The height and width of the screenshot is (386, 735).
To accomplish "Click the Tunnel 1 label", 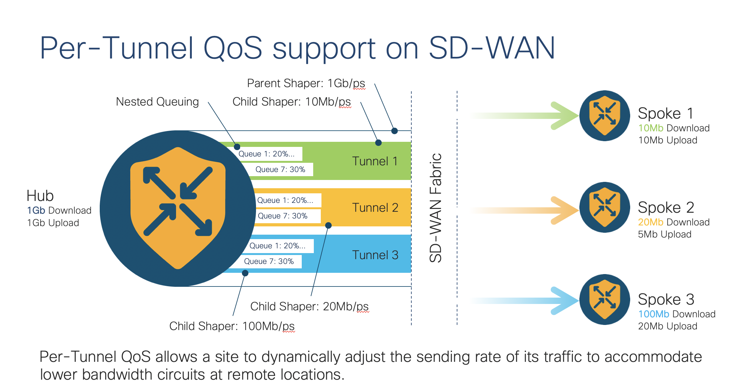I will [375, 161].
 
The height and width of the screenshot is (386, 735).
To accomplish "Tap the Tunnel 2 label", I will [375, 208].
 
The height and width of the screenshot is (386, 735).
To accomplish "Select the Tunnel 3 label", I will [375, 255].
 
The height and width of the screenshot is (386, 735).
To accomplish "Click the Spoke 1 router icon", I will [604, 116].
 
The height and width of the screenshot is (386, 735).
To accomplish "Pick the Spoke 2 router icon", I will [604, 207].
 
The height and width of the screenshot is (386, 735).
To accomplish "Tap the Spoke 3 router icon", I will [604, 300].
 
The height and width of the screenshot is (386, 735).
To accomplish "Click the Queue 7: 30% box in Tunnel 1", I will [280, 169].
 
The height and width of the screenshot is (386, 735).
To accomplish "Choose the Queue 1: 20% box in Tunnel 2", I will [285, 200].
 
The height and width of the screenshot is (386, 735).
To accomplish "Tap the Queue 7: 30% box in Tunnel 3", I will [269, 261].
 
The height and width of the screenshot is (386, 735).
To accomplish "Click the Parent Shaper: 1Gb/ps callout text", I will [306, 83].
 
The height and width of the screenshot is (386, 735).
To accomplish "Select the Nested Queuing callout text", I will [157, 102].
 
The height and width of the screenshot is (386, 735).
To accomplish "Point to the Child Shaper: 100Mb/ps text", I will [232, 326].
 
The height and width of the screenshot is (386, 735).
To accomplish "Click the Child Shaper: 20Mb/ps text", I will [309, 307].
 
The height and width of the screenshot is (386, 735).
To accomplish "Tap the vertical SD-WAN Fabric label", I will [435, 208].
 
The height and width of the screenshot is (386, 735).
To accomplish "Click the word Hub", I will [40, 196].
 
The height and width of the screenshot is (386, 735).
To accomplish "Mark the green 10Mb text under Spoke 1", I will [651, 128].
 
